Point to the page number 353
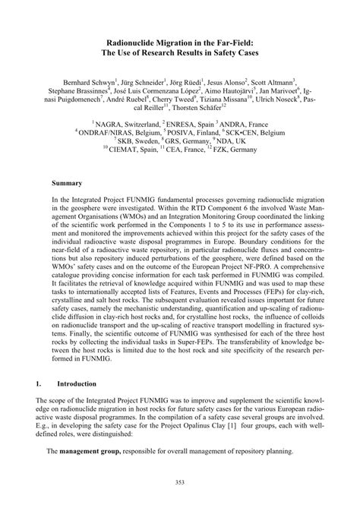coord(180,483)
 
